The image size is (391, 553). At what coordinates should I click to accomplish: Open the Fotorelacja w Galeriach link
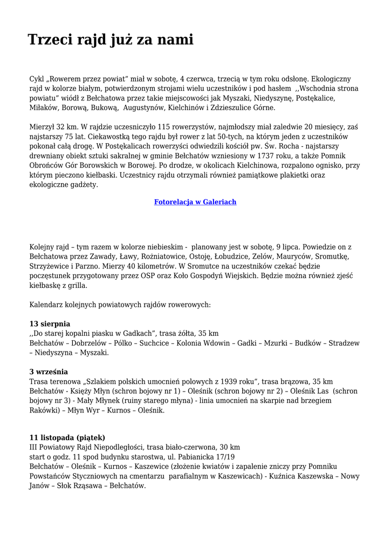(195, 202)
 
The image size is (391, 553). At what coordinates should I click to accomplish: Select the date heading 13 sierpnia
(50, 323)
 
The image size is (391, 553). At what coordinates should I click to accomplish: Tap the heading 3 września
(49, 372)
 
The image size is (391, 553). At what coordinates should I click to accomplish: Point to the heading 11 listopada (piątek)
(67, 437)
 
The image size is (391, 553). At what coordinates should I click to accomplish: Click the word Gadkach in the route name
(139, 333)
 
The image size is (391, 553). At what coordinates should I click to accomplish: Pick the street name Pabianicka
(190, 457)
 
